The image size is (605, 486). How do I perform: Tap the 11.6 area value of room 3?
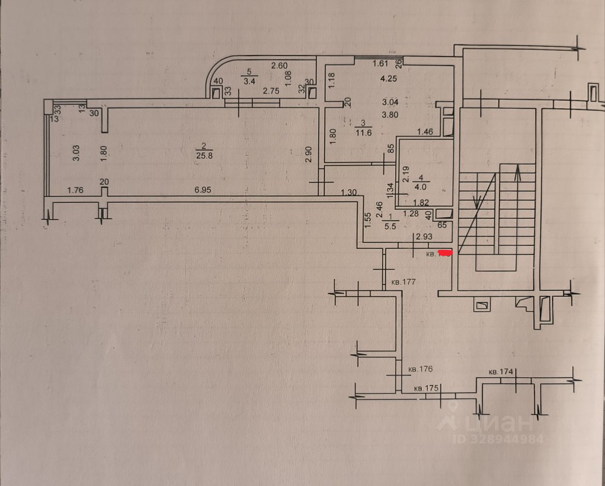(363, 133)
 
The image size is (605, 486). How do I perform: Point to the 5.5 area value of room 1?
(389, 226)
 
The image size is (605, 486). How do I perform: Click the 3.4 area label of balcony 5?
(249, 81)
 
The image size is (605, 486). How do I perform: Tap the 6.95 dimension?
(204, 190)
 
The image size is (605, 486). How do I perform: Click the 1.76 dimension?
(75, 190)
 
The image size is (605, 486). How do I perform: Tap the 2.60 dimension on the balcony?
(279, 65)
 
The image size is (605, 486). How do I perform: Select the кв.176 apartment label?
(419, 369)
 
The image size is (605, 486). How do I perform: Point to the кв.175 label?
(426, 388)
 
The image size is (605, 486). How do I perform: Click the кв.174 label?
(500, 372)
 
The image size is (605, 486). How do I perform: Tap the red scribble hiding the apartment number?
(445, 252)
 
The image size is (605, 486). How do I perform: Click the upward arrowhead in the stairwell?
(517, 171)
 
